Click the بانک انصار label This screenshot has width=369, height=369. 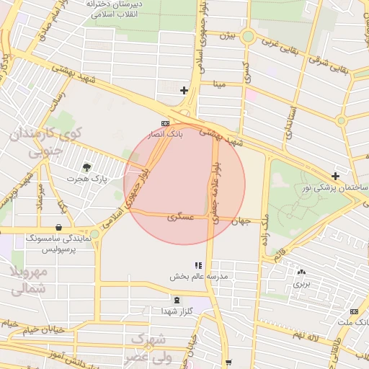click(x=166, y=134)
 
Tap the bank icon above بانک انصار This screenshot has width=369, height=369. click(x=166, y=123)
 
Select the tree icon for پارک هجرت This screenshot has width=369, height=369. click(x=87, y=167)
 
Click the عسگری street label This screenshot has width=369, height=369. click(x=177, y=216)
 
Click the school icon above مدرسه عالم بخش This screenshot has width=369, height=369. click(x=198, y=265)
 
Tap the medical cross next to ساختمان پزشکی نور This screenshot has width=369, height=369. click(x=335, y=176)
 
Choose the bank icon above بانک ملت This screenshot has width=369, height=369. click(x=353, y=311)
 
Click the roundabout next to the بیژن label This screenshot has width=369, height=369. click(x=248, y=36)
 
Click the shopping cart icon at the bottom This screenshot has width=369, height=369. click(x=228, y=363)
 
